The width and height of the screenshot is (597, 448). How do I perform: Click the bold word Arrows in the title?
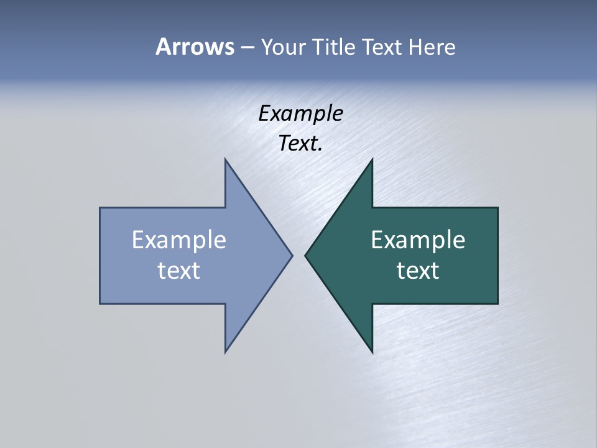[194, 47]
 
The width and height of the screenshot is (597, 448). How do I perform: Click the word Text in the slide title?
[382, 47]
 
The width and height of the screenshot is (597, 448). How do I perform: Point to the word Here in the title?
[432, 47]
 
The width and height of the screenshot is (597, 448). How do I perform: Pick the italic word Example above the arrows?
[301, 114]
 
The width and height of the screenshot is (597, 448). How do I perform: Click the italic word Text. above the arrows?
[301, 144]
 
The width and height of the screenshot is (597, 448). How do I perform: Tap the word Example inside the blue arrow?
[179, 240]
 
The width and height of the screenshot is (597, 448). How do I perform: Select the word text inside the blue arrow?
[179, 271]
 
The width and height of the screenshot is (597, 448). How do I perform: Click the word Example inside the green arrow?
[418, 240]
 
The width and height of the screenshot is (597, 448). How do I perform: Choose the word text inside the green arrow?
[418, 271]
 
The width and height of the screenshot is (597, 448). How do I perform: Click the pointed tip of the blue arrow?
[292, 255]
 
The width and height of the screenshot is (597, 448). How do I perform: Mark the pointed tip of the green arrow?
[305, 255]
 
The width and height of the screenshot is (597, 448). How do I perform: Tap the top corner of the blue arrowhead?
[226, 159]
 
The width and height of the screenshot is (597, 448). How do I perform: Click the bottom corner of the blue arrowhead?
[226, 352]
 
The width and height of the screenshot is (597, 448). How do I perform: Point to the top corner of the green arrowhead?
[372, 159]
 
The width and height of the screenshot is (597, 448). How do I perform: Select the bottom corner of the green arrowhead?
[372, 352]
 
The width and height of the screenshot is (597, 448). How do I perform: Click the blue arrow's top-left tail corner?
[100, 208]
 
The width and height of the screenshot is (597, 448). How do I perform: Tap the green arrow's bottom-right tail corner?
[497, 303]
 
